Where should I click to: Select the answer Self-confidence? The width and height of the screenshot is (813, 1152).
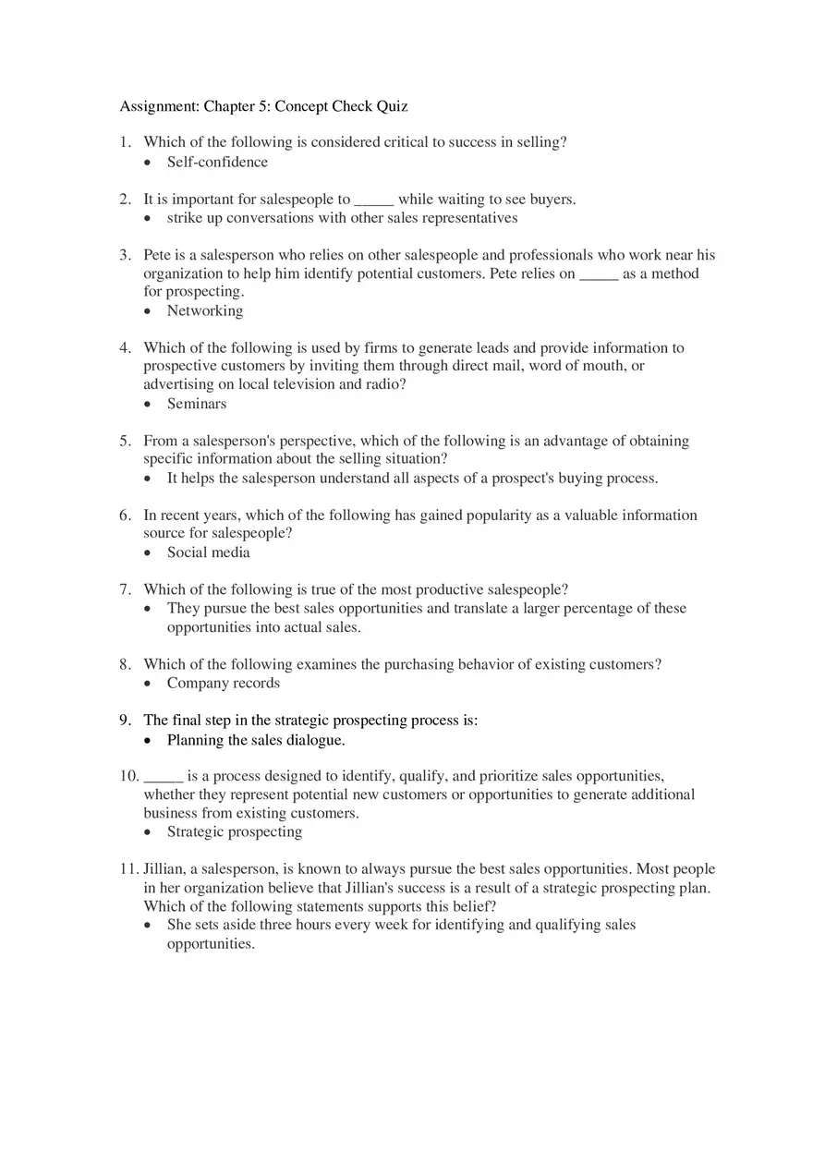(x=217, y=163)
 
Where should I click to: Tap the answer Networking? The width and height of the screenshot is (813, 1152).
(x=205, y=311)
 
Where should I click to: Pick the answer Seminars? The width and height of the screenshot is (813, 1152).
(x=197, y=404)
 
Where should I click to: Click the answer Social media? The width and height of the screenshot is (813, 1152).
(x=208, y=552)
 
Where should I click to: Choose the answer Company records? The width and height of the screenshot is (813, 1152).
(x=223, y=684)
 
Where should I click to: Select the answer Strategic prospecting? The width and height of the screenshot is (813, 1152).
(x=235, y=831)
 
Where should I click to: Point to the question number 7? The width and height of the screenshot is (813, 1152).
(x=125, y=589)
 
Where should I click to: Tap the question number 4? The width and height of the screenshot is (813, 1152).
(x=125, y=348)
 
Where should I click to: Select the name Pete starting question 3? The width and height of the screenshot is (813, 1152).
(x=157, y=255)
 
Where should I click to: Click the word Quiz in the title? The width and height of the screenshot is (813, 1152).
(x=392, y=106)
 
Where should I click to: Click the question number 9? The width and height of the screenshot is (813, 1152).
(x=125, y=721)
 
